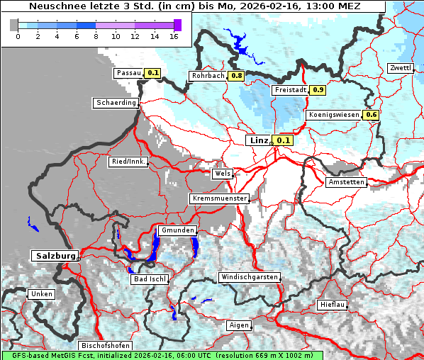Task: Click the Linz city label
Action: [258, 140]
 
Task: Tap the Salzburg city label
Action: [54, 255]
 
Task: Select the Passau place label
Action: [128, 72]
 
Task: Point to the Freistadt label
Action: [290, 90]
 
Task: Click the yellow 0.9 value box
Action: [318, 90]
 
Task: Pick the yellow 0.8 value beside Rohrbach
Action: [237, 76]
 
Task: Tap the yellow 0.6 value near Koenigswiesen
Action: [371, 115]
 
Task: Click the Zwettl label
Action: [401, 68]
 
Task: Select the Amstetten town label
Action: [346, 182]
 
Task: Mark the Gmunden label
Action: [177, 230]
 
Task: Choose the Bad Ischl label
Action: [150, 279]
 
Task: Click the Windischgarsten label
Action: [249, 277]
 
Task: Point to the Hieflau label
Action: [333, 304]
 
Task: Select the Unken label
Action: [42, 293]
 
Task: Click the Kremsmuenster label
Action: [219, 198]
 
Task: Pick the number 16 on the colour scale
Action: [174, 36]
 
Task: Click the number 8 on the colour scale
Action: [96, 36]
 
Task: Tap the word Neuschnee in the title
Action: [54, 6]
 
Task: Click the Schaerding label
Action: [116, 103]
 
